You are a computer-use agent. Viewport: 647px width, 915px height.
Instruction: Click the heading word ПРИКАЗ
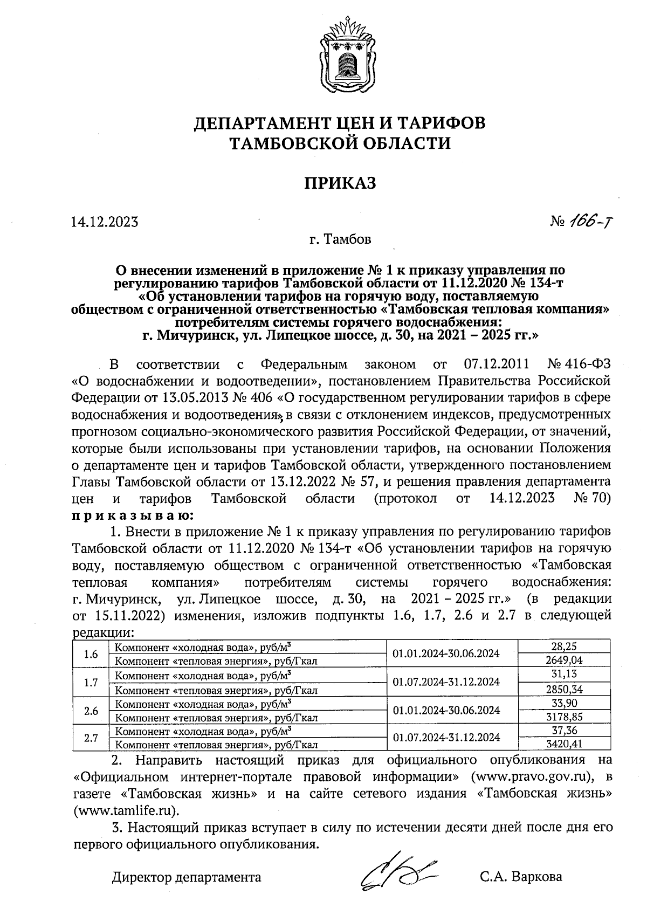point(339,183)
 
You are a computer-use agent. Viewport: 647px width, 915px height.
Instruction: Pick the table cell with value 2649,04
point(564,660)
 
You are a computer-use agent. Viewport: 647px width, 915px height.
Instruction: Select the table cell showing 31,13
point(564,674)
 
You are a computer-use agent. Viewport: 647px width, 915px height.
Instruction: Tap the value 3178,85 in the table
point(564,717)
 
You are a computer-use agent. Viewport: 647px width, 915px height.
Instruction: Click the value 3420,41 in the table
point(564,745)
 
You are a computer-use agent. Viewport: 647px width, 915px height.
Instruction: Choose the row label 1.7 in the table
point(91,682)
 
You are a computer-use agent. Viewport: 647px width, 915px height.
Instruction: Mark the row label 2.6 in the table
point(91,711)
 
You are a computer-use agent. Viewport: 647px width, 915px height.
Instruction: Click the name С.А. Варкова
point(521,877)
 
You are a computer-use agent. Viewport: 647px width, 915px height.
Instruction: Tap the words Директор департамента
point(187,877)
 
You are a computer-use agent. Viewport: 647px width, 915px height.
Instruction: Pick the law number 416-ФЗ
point(589,364)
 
